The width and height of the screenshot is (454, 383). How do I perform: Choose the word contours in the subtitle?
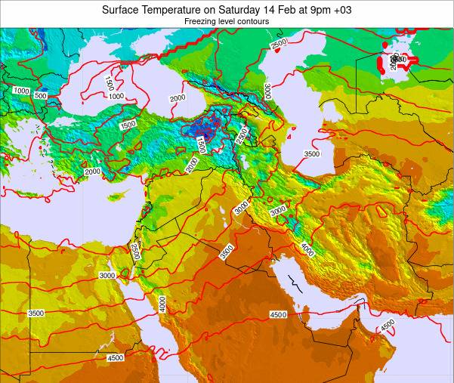[x=255, y=23]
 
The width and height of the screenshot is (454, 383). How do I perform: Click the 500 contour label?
[x=41, y=96]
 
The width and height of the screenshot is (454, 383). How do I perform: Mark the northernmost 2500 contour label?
[x=279, y=44]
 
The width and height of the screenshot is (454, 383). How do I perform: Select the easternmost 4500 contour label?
[x=388, y=326]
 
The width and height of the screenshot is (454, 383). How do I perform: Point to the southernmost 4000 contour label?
[x=162, y=303]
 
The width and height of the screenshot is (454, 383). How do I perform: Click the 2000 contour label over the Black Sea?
[x=178, y=98]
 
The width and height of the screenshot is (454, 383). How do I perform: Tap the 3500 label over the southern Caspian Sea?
[x=312, y=153]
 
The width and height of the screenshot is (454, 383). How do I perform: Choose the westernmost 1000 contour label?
[x=20, y=91]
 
